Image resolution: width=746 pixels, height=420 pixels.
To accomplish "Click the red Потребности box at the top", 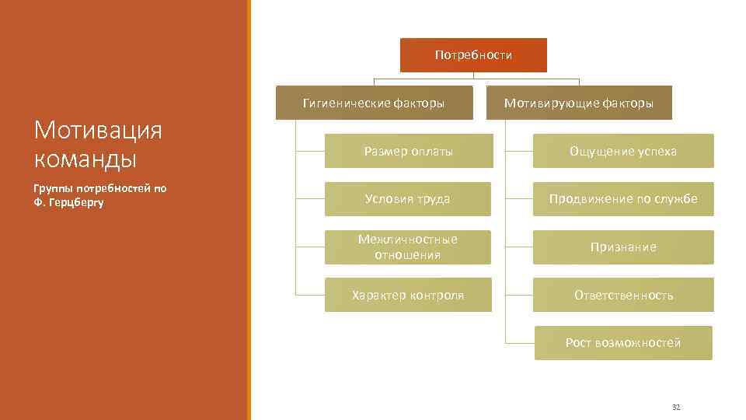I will pos(473,55).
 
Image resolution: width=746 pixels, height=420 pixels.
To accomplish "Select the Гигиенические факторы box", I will pos(374,103).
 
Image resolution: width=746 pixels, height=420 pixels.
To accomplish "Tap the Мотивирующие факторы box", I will pos(579,103).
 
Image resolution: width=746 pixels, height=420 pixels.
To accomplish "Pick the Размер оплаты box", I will pos(409,151).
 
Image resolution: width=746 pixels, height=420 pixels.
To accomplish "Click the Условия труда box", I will pos(408,199).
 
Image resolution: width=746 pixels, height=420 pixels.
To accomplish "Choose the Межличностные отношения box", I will pos(408,247).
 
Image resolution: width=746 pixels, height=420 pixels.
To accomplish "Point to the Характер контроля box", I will pos(408,295).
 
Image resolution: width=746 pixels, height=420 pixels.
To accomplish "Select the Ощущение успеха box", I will pos(623,151).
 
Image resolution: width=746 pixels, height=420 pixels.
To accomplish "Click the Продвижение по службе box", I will pos(623,199).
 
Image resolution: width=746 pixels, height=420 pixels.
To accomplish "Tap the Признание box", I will pos(623,247).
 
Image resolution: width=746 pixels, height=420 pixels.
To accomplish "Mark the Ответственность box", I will pos(623,295).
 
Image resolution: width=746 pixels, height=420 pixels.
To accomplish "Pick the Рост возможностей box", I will pos(623,343).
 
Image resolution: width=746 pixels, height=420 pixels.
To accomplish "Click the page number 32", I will pos(675,407).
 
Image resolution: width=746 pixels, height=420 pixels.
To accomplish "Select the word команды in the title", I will pos(85,159).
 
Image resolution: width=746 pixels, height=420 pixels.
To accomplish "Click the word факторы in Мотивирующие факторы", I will pos(626,103).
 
